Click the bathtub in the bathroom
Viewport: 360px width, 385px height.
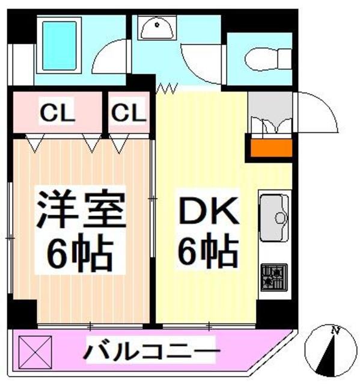(59, 45)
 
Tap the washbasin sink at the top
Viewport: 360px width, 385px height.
(157, 28)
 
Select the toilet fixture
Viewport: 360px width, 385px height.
(268, 59)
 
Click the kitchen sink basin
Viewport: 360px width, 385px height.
(274, 218)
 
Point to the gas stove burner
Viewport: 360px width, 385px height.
(274, 277)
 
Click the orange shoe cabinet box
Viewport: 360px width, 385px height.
(271, 148)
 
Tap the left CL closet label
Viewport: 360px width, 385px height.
(57, 112)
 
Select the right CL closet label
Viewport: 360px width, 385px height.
(129, 112)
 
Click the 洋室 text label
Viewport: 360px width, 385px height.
(81, 208)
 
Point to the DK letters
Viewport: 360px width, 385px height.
(209, 211)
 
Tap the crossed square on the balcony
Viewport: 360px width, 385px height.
(35, 353)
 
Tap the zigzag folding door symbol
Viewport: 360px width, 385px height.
(166, 88)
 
